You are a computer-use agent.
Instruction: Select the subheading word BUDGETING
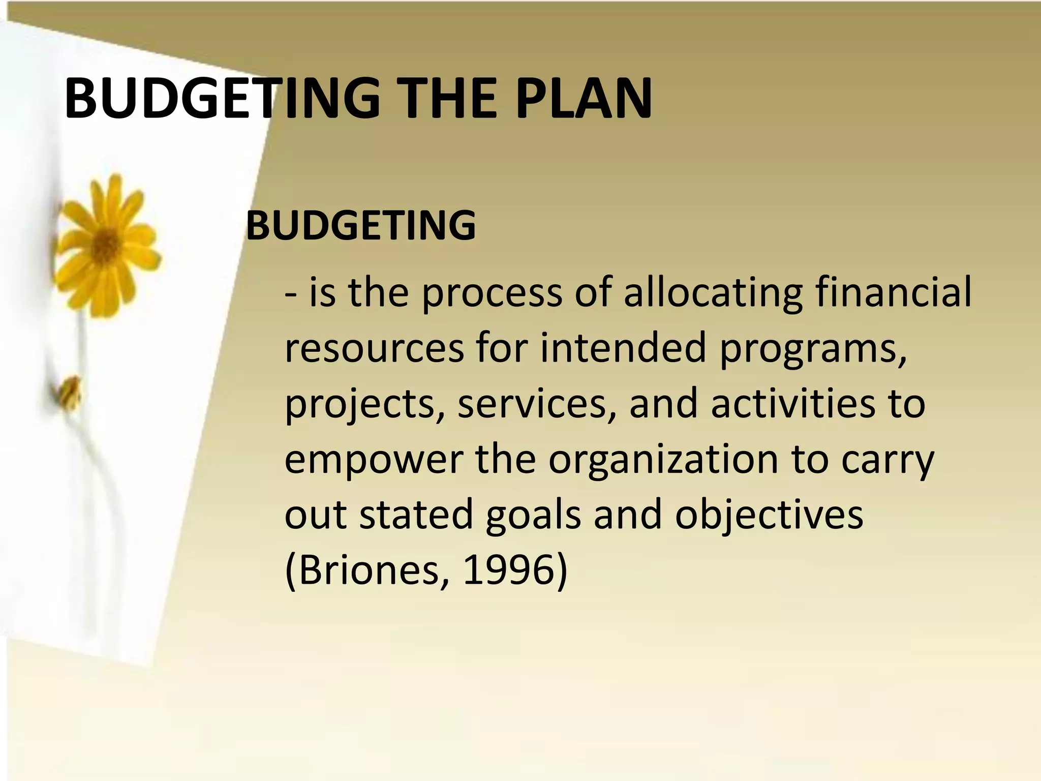tap(361, 225)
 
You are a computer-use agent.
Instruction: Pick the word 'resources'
tap(374, 348)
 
